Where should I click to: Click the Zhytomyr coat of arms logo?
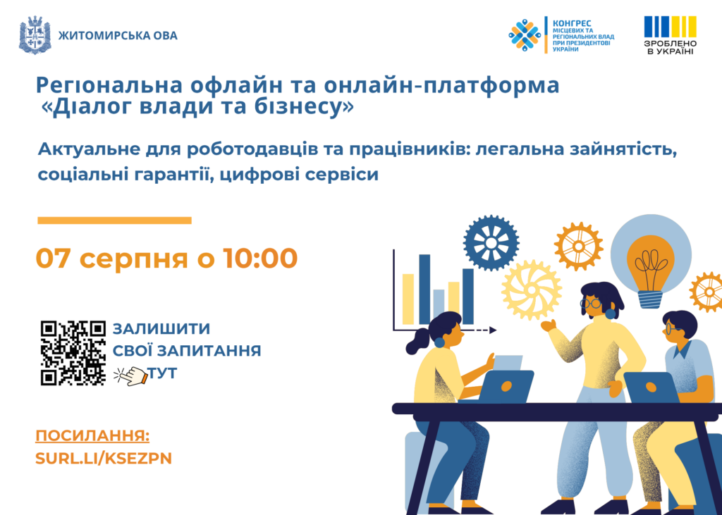point(35,35)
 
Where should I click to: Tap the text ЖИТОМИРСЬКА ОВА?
point(118,35)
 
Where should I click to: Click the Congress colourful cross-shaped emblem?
point(525,35)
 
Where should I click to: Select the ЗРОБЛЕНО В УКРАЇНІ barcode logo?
point(670,35)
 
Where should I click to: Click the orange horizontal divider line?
point(114,221)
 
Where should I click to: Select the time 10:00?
point(260,258)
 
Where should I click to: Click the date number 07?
point(54,258)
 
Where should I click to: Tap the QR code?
point(73,352)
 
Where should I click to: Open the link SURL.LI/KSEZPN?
point(104,459)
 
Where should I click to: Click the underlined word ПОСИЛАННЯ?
point(92,436)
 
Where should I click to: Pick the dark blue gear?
point(491,242)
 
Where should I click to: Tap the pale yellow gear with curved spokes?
point(532,290)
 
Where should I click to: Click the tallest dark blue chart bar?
point(424,290)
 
